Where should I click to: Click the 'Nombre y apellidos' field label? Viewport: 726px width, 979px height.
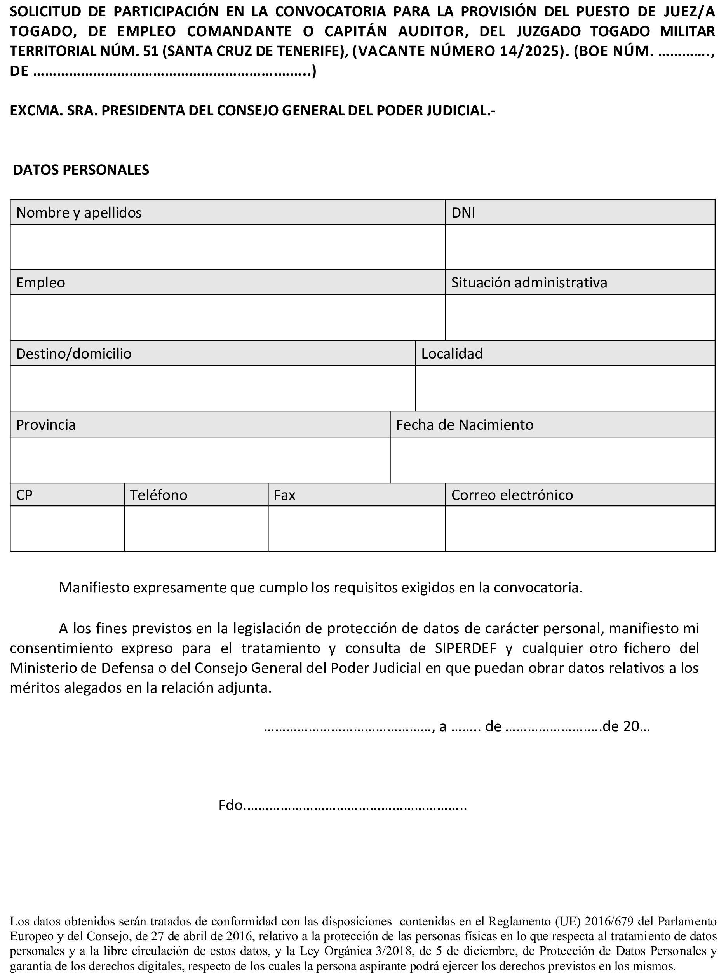79,213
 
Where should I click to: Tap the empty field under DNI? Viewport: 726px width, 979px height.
580,247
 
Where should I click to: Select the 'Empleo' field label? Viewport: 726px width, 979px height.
40,282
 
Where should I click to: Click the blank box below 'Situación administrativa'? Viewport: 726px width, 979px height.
580,317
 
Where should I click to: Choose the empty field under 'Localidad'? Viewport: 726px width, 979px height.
565,388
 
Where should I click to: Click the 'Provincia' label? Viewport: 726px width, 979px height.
46,425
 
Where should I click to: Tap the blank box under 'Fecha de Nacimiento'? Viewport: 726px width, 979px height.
552,460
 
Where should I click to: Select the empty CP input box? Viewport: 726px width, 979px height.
67,529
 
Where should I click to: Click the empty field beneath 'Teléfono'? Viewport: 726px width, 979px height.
196,529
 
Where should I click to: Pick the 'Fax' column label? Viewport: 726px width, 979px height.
284,495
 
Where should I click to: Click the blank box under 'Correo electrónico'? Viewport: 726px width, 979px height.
580,529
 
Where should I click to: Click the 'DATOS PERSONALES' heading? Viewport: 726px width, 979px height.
81,170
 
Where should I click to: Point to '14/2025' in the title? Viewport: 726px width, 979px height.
529,51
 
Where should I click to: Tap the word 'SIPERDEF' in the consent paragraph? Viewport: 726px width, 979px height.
466,648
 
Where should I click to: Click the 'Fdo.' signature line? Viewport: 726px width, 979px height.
342,805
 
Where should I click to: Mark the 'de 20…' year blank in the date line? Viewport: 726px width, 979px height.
627,726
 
